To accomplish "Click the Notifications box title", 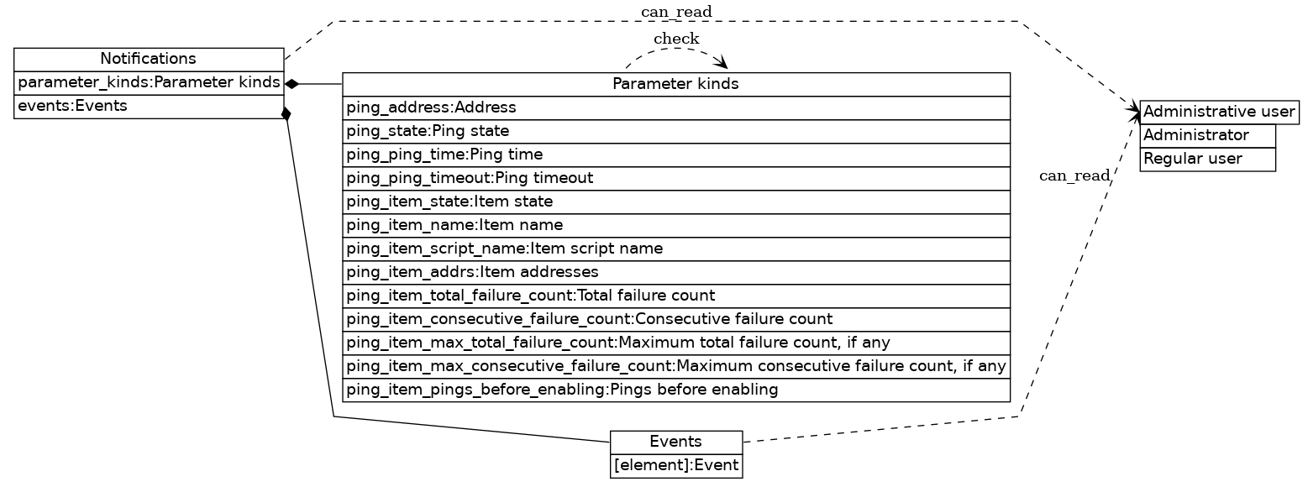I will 149,59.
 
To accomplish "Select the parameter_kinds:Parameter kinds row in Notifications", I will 149,83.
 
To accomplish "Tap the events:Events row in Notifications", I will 149,107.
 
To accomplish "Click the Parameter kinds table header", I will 675,84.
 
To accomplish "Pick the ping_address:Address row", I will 675,107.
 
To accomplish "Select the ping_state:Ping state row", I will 675,131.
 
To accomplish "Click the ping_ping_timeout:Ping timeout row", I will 675,178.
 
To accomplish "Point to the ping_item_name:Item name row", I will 675,225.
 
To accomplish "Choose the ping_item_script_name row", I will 675,249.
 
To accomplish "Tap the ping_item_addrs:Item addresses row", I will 675,272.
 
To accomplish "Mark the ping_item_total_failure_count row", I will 675,296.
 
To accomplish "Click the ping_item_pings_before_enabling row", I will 675,390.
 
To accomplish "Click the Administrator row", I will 1207,135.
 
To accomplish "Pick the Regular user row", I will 1207,159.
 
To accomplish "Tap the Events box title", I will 676,442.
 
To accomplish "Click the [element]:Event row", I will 676,465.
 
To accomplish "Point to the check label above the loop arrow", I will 676,39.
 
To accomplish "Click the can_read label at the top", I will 676,11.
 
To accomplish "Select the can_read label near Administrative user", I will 1074,175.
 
